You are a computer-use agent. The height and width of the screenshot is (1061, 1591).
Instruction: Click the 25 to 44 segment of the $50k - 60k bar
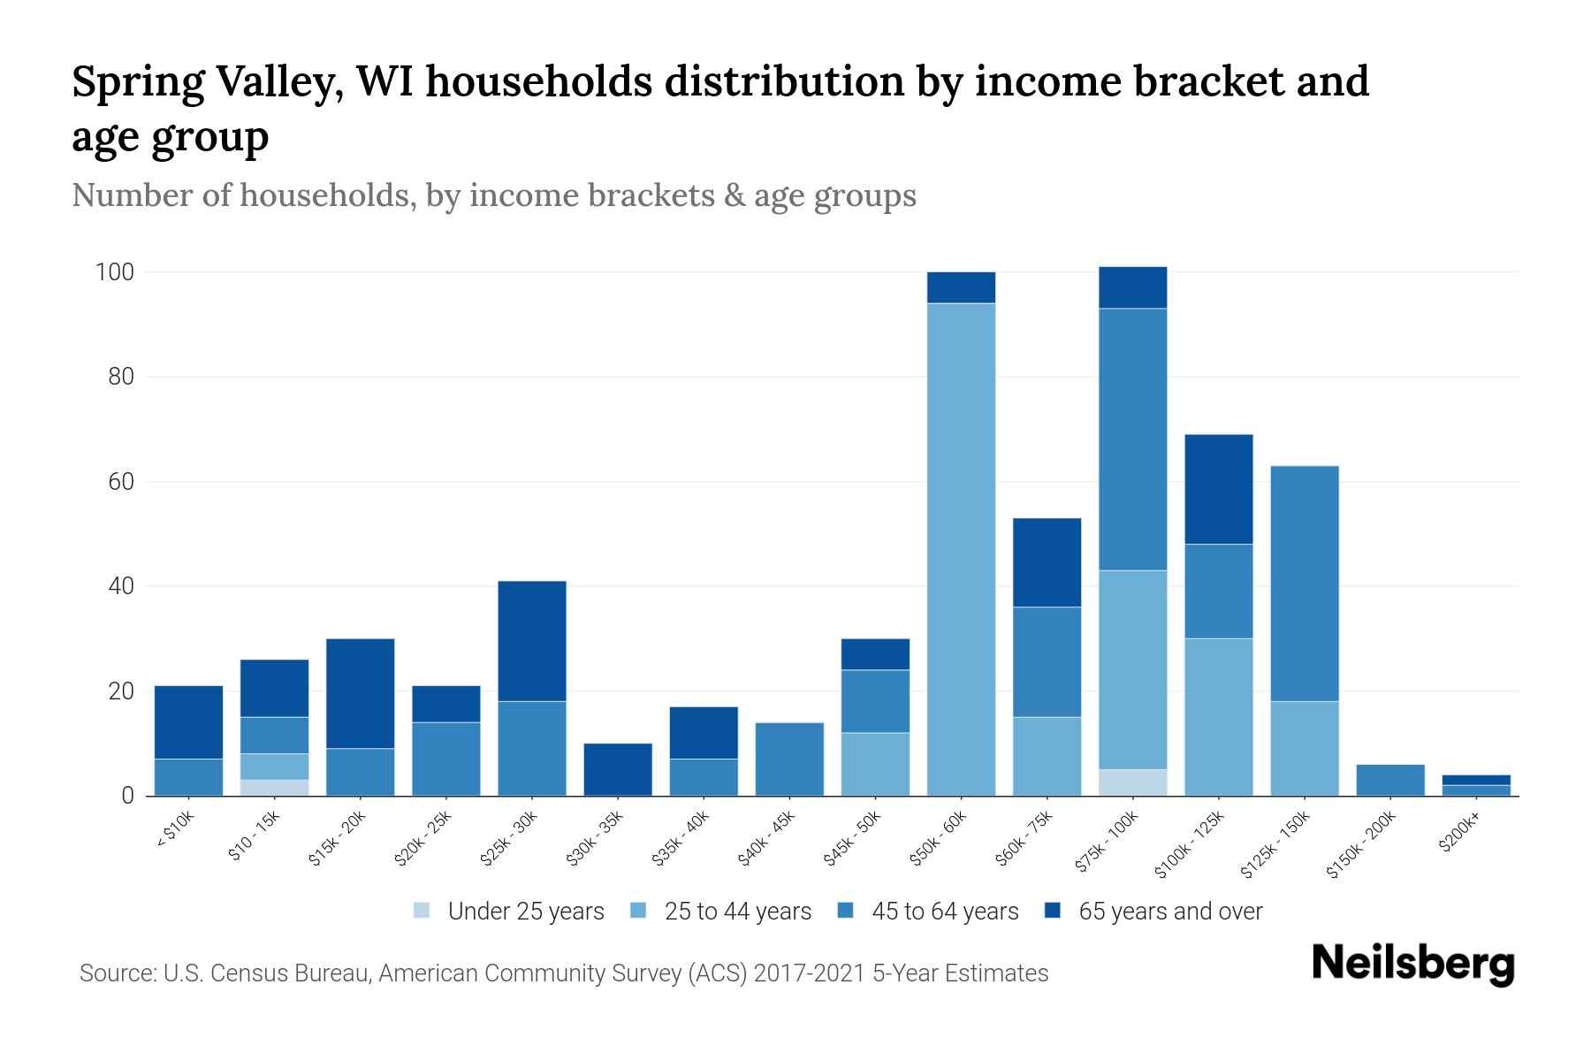(x=961, y=548)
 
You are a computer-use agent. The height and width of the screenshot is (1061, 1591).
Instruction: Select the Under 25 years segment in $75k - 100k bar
(x=1132, y=782)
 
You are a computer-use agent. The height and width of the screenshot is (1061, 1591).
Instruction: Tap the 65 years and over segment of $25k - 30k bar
(x=531, y=641)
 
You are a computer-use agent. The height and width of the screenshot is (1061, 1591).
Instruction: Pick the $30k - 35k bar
(x=618, y=769)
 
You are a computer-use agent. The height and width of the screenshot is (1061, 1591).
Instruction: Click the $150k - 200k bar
(x=1389, y=780)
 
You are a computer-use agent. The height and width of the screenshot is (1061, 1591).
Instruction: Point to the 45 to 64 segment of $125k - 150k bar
(x=1304, y=584)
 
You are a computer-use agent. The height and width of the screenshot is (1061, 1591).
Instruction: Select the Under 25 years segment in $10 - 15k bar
(x=274, y=787)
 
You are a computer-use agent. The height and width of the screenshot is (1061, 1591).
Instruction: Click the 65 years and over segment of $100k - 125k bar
(x=1218, y=489)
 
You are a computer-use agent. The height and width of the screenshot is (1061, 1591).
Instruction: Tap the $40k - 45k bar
(x=789, y=759)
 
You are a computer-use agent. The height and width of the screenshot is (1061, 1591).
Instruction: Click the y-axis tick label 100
(x=114, y=272)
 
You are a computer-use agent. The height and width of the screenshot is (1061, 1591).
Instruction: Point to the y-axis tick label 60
(x=120, y=482)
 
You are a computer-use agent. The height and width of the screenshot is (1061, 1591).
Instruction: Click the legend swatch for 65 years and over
(x=1053, y=911)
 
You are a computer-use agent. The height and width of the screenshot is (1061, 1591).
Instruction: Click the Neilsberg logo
(x=1412, y=964)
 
